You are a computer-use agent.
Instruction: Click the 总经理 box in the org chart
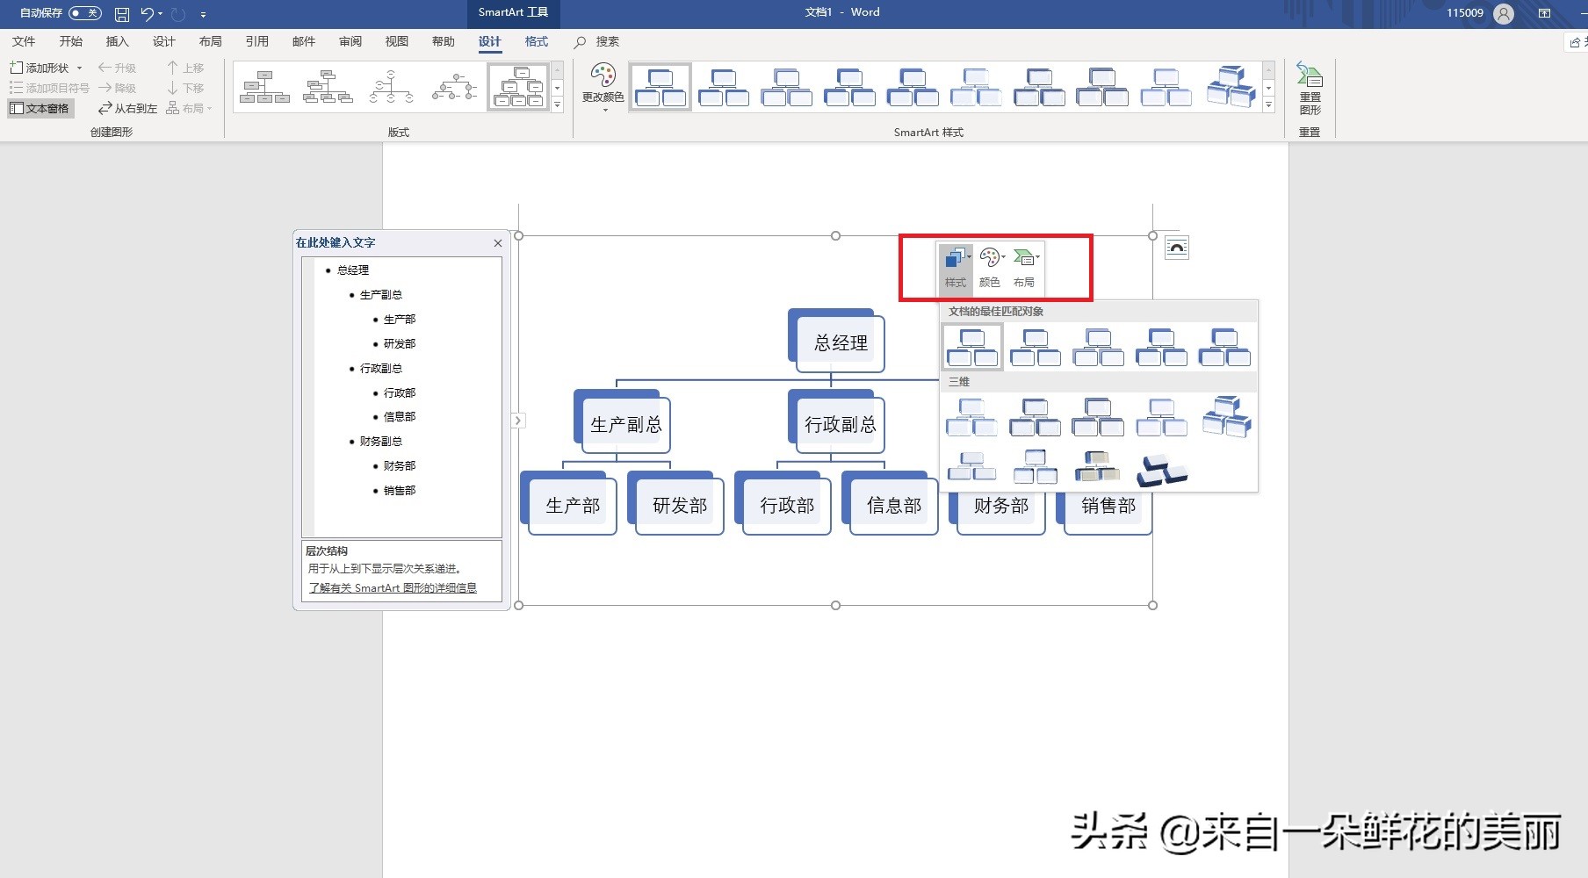840,343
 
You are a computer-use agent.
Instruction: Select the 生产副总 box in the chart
625,425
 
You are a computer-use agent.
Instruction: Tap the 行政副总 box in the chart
840,425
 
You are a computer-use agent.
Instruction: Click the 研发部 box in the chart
679,506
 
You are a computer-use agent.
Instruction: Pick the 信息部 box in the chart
893,506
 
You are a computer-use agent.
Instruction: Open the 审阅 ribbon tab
350,41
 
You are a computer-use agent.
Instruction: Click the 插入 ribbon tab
117,41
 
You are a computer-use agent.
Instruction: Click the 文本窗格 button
40,108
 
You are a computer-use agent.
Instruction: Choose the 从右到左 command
127,108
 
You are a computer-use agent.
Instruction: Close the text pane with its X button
498,243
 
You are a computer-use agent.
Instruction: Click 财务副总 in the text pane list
381,442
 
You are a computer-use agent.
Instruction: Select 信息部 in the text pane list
400,417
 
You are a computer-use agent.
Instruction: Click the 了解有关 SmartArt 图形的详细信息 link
393,588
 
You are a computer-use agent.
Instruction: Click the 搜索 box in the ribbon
606,41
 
